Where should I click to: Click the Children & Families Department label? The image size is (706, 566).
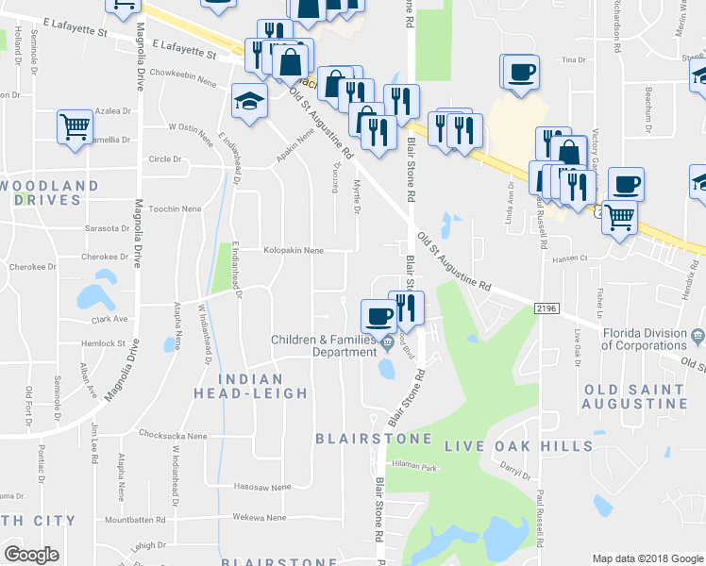(323, 346)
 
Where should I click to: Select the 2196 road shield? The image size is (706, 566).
(546, 308)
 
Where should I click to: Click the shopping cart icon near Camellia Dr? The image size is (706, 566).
(75, 126)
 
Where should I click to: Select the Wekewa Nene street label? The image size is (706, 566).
(261, 518)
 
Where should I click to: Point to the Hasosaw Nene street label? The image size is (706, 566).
(261, 488)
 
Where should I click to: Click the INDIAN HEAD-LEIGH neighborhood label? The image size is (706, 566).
(250, 386)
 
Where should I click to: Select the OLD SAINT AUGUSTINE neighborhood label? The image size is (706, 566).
(635, 396)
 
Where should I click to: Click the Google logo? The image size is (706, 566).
(31, 555)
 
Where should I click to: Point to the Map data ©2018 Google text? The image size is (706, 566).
(647, 558)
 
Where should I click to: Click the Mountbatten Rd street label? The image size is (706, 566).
(135, 519)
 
